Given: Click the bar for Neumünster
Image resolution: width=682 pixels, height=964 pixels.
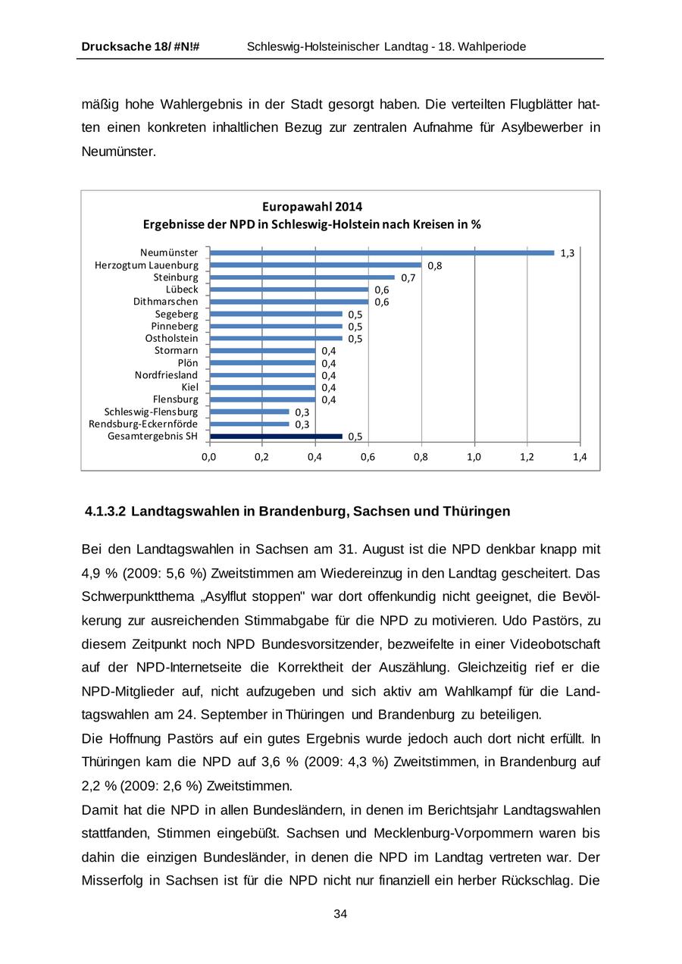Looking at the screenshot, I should pyautogui.click(x=382, y=252).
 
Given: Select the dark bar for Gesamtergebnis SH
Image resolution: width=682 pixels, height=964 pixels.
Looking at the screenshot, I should pyautogui.click(x=276, y=436).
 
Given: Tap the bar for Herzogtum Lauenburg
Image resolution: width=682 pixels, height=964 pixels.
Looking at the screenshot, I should pyautogui.click(x=315, y=264).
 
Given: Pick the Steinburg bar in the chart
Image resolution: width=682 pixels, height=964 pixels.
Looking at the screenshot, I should pyautogui.click(x=302, y=277).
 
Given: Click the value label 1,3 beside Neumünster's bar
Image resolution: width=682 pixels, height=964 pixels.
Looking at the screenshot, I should pyautogui.click(x=567, y=253).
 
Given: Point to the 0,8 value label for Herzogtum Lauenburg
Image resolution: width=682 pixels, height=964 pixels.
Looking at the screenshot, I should pyautogui.click(x=435, y=266).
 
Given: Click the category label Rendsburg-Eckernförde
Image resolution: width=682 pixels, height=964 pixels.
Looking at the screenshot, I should pyautogui.click(x=143, y=424).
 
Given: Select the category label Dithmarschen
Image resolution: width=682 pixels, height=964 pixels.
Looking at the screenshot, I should pyautogui.click(x=165, y=302).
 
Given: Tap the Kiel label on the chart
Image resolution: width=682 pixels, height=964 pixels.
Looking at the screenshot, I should pyautogui.click(x=189, y=387).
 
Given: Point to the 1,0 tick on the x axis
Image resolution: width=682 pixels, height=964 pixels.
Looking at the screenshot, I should pyautogui.click(x=474, y=457).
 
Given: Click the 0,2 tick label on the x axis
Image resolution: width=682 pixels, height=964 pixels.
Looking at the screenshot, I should pyautogui.click(x=261, y=457).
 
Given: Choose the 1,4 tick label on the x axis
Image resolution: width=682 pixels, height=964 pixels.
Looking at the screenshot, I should pyautogui.click(x=580, y=457).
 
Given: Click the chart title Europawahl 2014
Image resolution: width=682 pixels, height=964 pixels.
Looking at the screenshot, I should pyautogui.click(x=312, y=206).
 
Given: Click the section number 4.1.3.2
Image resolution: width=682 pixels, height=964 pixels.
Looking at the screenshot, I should pyautogui.click(x=105, y=512).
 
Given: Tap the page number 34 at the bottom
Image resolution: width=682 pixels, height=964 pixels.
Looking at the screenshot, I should pyautogui.click(x=340, y=914).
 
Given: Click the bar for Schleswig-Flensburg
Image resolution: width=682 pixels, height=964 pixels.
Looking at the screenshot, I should pyautogui.click(x=249, y=412).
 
